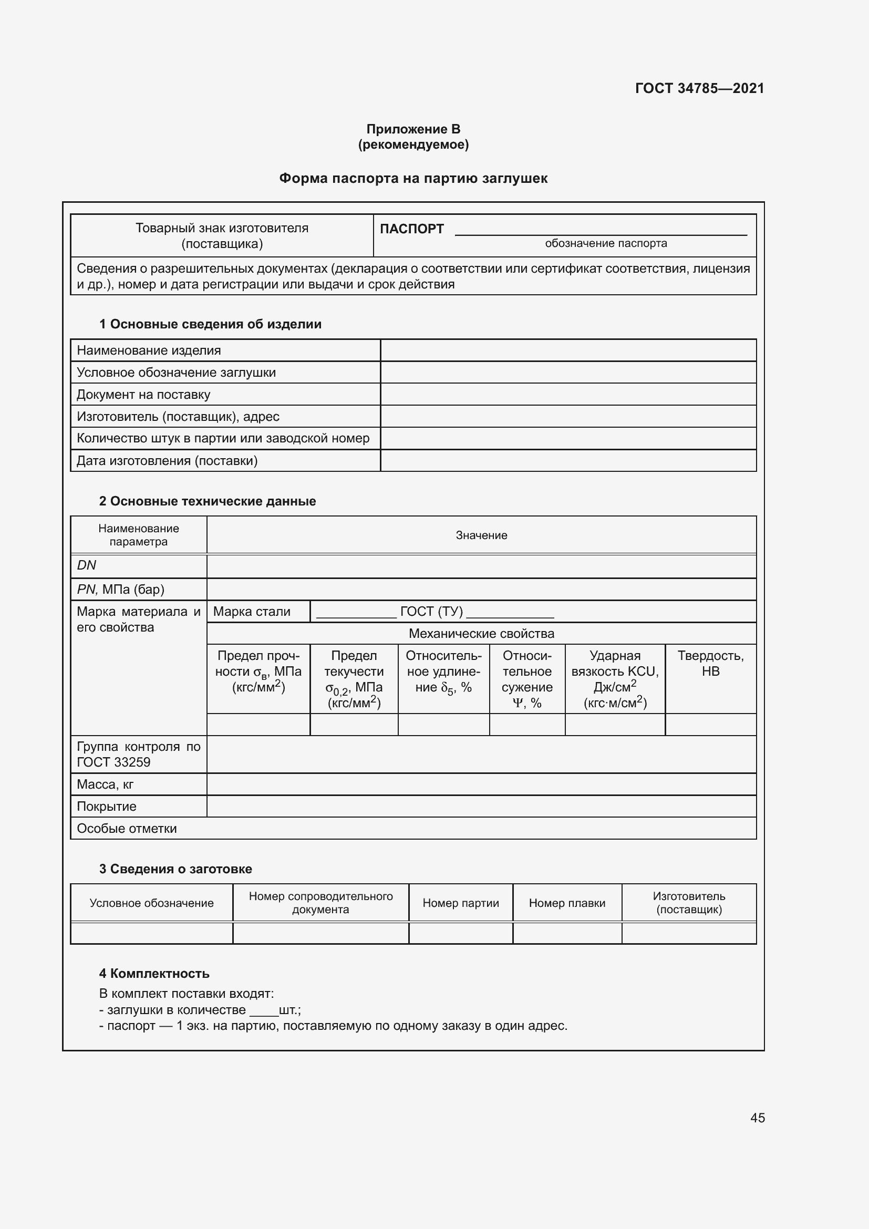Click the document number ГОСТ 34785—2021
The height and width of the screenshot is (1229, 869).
click(x=699, y=88)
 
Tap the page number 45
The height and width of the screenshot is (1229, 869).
click(x=757, y=1118)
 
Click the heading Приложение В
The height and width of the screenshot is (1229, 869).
click(x=413, y=129)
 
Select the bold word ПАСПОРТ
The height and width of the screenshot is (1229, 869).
click(x=411, y=229)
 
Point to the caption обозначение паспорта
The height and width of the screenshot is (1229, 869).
click(x=606, y=244)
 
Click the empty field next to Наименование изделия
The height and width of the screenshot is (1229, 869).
click(x=568, y=350)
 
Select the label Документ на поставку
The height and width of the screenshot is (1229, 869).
click(x=143, y=395)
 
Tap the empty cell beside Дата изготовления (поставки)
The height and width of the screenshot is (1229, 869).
click(x=568, y=461)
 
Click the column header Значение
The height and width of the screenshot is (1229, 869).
click(x=481, y=535)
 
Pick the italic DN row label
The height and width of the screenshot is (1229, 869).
click(x=86, y=565)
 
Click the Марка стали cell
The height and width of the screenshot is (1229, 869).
click(x=252, y=612)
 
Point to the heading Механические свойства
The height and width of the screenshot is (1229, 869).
click(x=481, y=634)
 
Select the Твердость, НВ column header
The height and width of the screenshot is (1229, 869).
click(x=710, y=664)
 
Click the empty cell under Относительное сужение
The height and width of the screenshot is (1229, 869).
click(x=527, y=725)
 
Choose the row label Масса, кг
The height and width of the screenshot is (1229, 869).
click(x=105, y=784)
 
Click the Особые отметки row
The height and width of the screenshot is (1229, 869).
click(x=127, y=829)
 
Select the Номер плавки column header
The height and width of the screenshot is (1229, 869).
click(x=567, y=903)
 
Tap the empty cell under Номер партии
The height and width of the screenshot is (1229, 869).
click(x=460, y=934)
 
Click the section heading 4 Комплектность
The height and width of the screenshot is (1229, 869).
click(x=154, y=974)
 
